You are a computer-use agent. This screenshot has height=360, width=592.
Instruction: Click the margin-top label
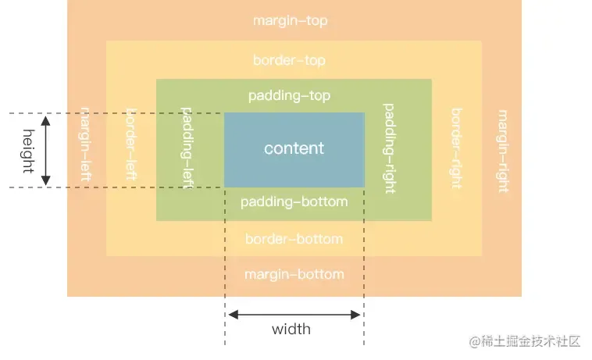pyautogui.click(x=290, y=21)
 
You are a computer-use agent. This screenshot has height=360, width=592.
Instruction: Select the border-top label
pyautogui.click(x=289, y=60)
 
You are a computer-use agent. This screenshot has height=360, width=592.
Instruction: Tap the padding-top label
pyautogui.click(x=289, y=96)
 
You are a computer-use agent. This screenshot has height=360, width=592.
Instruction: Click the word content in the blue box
pyautogui.click(x=294, y=148)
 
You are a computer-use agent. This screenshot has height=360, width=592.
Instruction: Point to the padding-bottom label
pyautogui.click(x=294, y=202)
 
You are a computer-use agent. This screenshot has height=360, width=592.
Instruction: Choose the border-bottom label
pyautogui.click(x=294, y=239)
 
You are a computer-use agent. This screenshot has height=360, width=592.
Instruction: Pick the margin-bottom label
pyautogui.click(x=294, y=274)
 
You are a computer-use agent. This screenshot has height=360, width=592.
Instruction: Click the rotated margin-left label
pyautogui.click(x=86, y=144)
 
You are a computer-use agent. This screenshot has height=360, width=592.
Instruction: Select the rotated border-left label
pyautogui.click(x=131, y=144)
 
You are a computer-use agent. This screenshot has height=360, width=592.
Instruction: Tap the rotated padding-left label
pyautogui.click(x=187, y=148)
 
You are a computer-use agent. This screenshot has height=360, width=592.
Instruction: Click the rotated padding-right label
pyautogui.click(x=389, y=148)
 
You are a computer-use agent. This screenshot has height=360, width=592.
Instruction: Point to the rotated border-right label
pyautogui.click(x=457, y=148)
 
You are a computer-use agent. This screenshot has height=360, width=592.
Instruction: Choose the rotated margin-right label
pyautogui.click(x=503, y=151)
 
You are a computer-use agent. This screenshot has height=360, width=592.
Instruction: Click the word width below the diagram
pyautogui.click(x=291, y=330)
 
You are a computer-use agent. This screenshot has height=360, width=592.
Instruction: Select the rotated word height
pyautogui.click(x=29, y=151)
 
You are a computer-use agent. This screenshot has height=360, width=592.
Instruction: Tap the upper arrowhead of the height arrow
pyautogui.click(x=45, y=121)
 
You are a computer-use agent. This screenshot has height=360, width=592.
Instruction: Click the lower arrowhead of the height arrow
pyautogui.click(x=45, y=180)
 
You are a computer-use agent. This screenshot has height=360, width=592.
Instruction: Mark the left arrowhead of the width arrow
pyautogui.click(x=234, y=315)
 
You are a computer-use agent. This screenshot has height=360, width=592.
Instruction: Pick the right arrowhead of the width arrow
pyautogui.click(x=355, y=315)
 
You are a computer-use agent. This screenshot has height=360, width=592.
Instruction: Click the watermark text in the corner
pyautogui.click(x=525, y=341)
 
